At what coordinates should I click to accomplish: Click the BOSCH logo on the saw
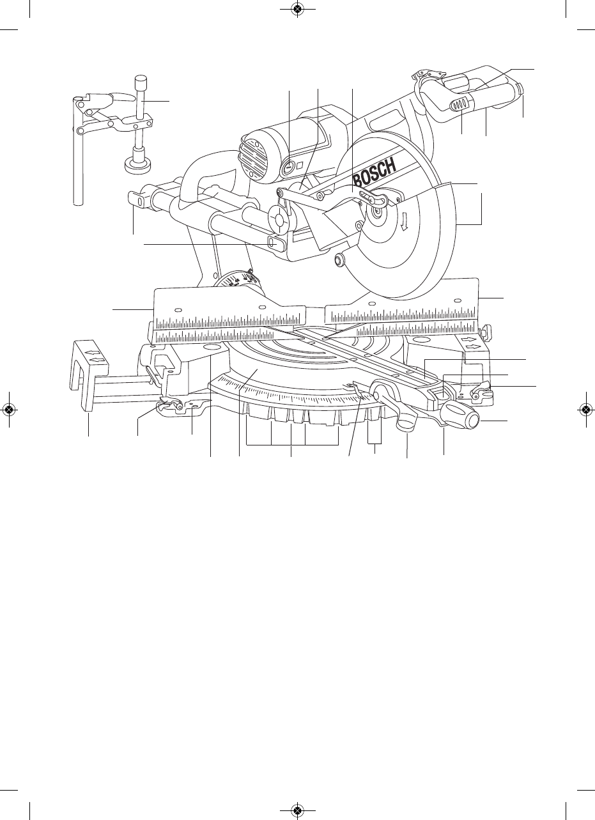coord(375,173)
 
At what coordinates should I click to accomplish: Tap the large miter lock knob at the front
coord(460,415)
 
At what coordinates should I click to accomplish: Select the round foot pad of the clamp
coord(138,166)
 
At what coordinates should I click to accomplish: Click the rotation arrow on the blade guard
coord(405,223)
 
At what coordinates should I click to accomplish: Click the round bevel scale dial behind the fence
coord(238,282)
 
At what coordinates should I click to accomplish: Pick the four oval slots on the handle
coord(458,105)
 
